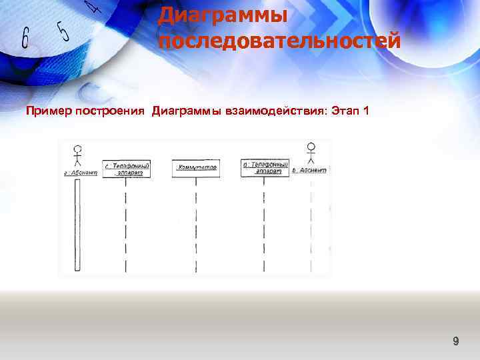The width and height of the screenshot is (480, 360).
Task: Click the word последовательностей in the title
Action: [x=279, y=41]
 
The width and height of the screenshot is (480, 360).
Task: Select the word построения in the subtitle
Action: [x=109, y=110]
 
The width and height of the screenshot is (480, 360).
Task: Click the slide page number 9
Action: [x=456, y=341]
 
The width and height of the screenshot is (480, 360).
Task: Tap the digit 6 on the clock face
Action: [x=25, y=39]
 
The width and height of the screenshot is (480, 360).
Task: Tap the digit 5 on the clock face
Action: [x=63, y=30]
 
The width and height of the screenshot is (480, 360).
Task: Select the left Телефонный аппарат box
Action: [x=126, y=169]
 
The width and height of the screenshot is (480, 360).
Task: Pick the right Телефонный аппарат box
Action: [x=265, y=167]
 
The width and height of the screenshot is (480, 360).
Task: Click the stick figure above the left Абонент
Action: [x=77, y=155]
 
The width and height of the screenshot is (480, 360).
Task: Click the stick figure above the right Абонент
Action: [x=311, y=153]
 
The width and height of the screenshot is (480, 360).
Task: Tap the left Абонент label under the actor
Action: [x=80, y=172]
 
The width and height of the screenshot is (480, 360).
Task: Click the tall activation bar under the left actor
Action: [x=77, y=223]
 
